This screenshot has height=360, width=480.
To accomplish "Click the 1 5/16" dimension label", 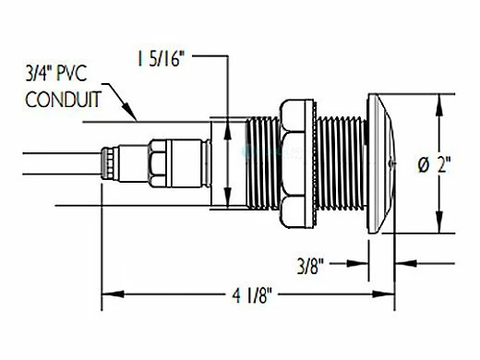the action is pos(161,59).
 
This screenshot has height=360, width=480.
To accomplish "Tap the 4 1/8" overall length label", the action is pos(252,295).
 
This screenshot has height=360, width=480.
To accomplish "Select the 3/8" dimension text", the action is pos(311,266).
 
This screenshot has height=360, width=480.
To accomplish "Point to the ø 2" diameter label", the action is pos(434,164).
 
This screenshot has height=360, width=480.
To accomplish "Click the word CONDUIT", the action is pos(63,100).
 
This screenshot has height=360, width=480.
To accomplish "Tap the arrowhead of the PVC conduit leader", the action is pos(130,113).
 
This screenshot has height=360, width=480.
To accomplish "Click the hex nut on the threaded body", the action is pos(293,163).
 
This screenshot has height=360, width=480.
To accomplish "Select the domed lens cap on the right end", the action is pos(381,163).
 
